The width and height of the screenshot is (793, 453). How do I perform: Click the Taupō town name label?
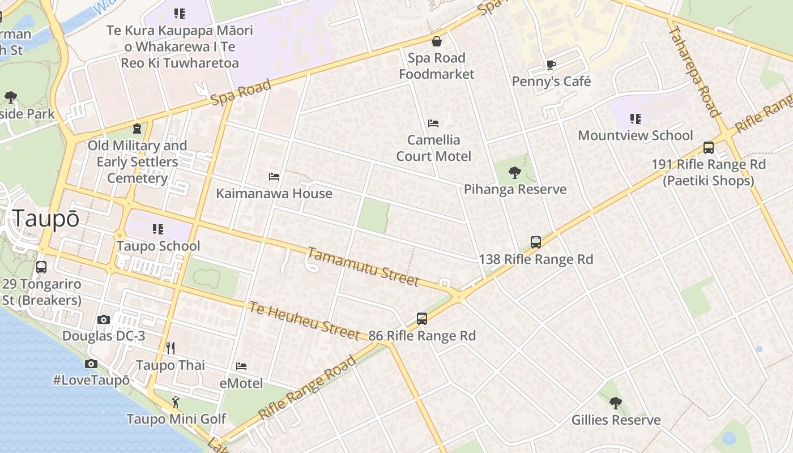pyautogui.click(x=46, y=219)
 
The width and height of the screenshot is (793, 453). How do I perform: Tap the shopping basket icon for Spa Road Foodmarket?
pyautogui.click(x=437, y=41)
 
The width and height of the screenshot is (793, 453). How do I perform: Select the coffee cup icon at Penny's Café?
pyautogui.click(x=551, y=65)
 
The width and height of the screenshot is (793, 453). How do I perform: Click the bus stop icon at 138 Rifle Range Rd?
pyautogui.click(x=536, y=242)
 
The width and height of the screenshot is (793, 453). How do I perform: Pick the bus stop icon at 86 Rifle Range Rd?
pyautogui.click(x=422, y=318)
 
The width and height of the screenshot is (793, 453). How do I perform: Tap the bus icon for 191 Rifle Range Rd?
pyautogui.click(x=708, y=148)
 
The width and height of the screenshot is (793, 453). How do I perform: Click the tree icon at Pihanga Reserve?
pyautogui.click(x=515, y=173)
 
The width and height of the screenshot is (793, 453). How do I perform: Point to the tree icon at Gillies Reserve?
pyautogui.click(x=616, y=403)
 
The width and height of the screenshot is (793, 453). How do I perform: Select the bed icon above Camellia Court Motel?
pyautogui.click(x=433, y=123)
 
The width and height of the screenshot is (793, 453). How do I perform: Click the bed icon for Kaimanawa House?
pyautogui.click(x=274, y=177)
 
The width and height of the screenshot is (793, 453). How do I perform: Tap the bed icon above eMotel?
pyautogui.click(x=241, y=366)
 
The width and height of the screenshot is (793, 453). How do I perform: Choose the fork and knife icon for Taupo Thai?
pyautogui.click(x=170, y=348)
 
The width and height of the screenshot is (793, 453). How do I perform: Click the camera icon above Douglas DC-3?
pyautogui.click(x=103, y=319)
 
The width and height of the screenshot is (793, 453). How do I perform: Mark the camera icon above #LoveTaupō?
pyautogui.click(x=91, y=364)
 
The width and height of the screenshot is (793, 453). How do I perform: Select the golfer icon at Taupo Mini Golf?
pyautogui.click(x=176, y=402)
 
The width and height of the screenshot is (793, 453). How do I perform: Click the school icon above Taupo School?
pyautogui.click(x=158, y=229)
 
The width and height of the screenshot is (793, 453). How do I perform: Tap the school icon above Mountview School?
pyautogui.click(x=636, y=119)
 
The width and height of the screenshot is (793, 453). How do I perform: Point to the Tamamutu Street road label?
pyautogui.click(x=364, y=267)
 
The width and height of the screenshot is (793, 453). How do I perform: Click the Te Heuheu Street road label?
pyautogui.click(x=304, y=320)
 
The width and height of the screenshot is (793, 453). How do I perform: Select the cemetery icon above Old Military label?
pyautogui.click(x=137, y=129)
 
